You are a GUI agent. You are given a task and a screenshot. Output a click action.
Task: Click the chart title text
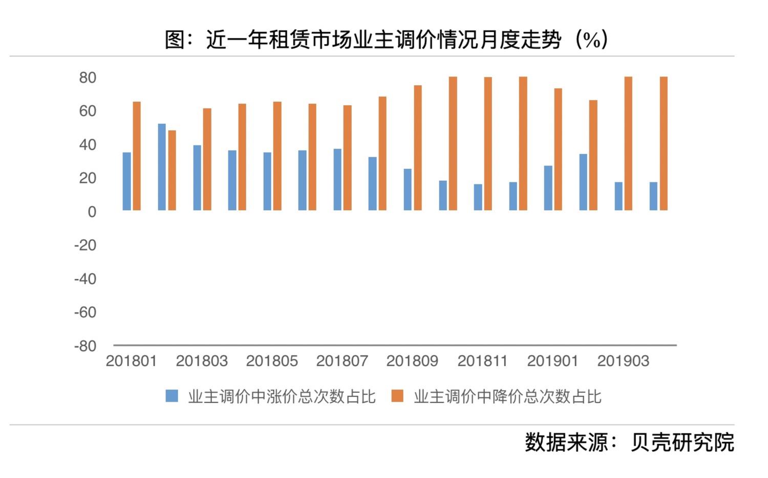pos(387,40)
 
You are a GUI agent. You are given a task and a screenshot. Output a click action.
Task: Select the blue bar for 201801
pos(127,181)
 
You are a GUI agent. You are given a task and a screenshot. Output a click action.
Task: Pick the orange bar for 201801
pos(137,156)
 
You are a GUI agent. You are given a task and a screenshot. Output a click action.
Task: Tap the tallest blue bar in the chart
pos(162,167)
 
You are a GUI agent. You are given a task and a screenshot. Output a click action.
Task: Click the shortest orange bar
pos(172,170)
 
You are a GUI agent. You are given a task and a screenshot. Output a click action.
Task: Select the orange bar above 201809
pos(418,148)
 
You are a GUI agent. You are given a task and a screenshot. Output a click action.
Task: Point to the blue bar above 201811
pos(478,197)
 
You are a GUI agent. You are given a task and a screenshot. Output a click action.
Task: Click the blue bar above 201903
pos(618,196)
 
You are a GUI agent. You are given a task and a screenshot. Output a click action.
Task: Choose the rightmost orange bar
pos(664,143)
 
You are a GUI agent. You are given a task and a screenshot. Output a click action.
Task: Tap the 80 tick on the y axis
pos(88,78)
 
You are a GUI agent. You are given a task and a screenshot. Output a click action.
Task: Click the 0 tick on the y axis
pos(92,212)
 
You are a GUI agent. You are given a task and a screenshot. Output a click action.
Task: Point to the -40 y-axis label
pos(85,279)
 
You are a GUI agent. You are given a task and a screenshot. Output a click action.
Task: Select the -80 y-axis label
pos(85,346)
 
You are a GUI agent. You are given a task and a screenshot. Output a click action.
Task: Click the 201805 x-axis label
pos(272,361)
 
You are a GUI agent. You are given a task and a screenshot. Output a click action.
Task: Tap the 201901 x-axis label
pos(552,361)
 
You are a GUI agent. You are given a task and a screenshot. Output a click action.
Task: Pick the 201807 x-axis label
pos(342,361)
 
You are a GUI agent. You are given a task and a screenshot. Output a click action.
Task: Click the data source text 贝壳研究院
pos(682,443)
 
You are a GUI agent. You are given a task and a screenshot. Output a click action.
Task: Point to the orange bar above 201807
pos(347,158)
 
